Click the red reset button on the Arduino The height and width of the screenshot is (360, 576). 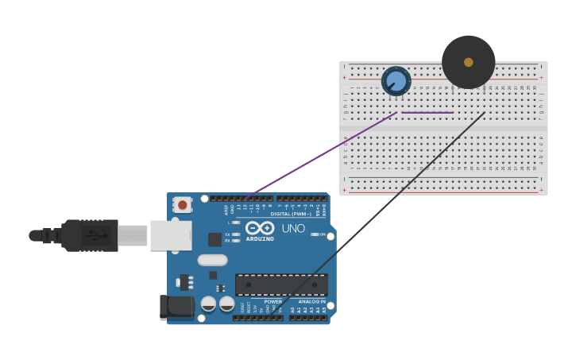point(183,204)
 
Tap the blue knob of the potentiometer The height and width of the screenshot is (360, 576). point(396,81)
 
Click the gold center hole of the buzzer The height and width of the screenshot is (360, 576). point(469,62)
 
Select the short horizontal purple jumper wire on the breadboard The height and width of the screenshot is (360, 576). point(427,113)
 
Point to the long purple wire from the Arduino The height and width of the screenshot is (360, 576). point(318,155)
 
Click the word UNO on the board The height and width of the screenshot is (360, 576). point(293,228)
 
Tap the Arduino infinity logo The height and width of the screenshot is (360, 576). point(259,228)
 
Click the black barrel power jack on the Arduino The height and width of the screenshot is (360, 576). point(176,307)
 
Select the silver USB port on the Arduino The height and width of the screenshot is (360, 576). point(171,235)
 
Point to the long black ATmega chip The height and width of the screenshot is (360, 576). point(281,285)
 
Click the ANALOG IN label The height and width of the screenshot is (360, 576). point(311,302)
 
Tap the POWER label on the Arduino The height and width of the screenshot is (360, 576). point(273,302)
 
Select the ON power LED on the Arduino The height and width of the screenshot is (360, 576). point(315,234)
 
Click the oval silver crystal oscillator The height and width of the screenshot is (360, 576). point(212,260)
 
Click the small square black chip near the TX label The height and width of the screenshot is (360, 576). point(215,239)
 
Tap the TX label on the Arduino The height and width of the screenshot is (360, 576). point(228,234)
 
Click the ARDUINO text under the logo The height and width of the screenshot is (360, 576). point(259,238)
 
